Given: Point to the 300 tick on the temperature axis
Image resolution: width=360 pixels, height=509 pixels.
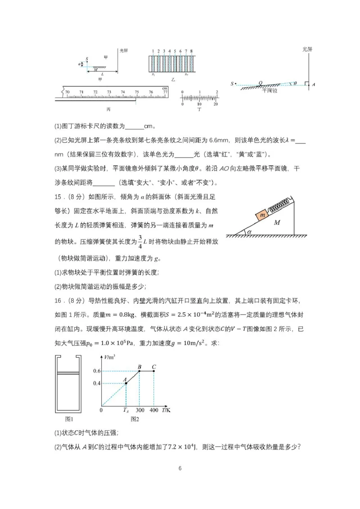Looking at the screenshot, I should pyautogui.click(x=139, y=410).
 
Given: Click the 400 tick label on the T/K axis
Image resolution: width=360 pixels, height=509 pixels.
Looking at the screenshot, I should pyautogui.click(x=154, y=410).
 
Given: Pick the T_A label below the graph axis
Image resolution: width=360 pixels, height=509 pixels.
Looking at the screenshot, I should pyautogui.click(x=126, y=410).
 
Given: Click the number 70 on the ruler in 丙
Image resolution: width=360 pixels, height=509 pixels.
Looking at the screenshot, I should pyautogui.click(x=67, y=92).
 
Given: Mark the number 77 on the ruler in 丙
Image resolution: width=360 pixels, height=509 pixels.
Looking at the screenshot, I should pyautogui.click(x=165, y=92).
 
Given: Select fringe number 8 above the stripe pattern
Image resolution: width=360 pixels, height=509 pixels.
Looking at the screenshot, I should pyautogui.click(x=192, y=51).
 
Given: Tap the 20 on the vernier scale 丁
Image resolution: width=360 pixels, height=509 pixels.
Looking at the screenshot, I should pyautogui.click(x=216, y=104).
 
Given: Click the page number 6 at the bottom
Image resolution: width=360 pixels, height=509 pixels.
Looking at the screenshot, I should pyautogui.click(x=180, y=468).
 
